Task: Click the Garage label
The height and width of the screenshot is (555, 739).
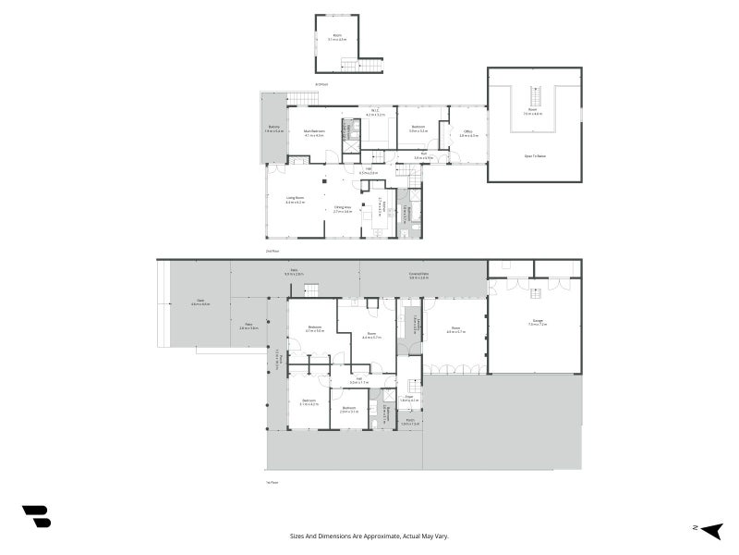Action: tap(538, 322)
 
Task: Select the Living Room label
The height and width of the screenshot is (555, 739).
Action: tap(296, 199)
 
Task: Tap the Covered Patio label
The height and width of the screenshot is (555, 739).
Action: tap(418, 274)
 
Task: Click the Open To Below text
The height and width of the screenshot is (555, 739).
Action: tap(535, 155)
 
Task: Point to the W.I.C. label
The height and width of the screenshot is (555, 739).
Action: tap(376, 112)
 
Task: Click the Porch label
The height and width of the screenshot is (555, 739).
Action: tap(410, 421)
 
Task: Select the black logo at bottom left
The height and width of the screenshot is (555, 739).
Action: tap(36, 516)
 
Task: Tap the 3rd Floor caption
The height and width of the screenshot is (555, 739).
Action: tap(321, 84)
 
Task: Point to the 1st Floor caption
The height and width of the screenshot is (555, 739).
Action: tap(273, 482)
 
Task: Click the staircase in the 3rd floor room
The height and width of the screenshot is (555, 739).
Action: tap(361, 65)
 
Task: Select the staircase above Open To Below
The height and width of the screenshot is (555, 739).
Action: tap(534, 95)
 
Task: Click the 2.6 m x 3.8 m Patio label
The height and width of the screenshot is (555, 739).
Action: tap(248, 327)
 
